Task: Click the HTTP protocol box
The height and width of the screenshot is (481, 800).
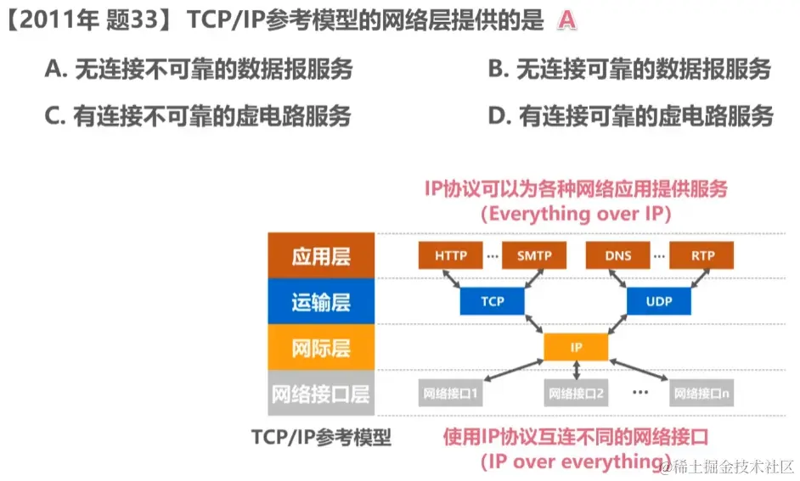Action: coord(450,255)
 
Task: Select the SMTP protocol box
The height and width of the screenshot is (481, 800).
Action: coord(533,255)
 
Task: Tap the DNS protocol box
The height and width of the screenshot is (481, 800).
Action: coord(618,255)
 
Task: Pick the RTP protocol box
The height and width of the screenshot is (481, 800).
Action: coord(701,255)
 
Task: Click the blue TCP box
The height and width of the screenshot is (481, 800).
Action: coord(493,301)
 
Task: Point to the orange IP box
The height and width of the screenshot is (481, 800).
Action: coord(576,347)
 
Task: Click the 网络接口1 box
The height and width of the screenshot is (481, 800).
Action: coord(450,394)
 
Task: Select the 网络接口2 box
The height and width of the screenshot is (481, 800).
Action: coord(576,394)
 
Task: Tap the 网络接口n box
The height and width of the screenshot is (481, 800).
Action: coord(701,394)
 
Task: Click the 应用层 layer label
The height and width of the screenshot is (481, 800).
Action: coord(321,256)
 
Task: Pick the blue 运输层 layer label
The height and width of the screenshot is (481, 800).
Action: coord(321,302)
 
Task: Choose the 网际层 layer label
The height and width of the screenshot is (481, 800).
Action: coord(321,348)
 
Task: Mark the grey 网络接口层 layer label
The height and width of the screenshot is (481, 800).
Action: coord(321,394)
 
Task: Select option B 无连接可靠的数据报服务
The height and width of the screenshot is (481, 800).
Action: coord(629,70)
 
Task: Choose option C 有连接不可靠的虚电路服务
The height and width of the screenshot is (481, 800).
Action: coord(198,116)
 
